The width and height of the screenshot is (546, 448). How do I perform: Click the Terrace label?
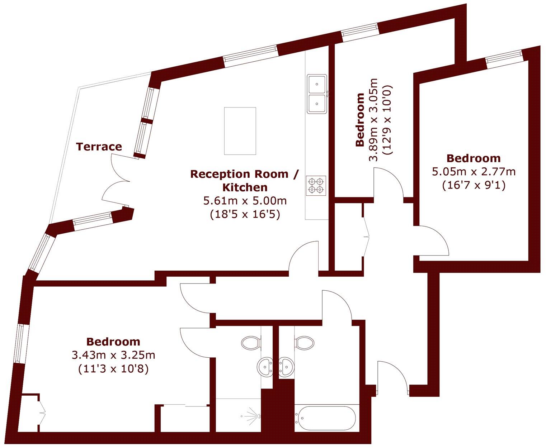(x=99, y=147)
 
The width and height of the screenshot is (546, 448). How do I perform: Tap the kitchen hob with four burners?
(x=316, y=185)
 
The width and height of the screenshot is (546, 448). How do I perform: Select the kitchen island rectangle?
(x=240, y=131)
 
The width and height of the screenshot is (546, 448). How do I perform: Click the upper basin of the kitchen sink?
(x=317, y=84)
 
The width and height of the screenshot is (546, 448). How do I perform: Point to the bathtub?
(x=325, y=418)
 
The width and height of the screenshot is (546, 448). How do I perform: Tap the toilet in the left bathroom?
(x=250, y=343)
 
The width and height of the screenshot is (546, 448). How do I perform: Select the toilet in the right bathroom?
(x=305, y=343)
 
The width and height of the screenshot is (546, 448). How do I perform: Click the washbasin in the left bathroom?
(x=265, y=367)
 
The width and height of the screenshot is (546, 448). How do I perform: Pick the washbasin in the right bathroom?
(x=286, y=367)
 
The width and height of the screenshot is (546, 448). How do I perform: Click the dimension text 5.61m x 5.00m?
(x=245, y=200)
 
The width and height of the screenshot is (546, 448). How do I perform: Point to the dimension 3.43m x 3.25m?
(x=113, y=355)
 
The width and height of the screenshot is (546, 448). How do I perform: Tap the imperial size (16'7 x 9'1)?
(x=474, y=185)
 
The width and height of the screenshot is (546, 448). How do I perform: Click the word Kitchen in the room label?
(x=245, y=187)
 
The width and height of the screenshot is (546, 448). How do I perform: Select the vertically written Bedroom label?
(x=360, y=120)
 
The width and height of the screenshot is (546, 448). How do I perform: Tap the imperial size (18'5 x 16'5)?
(x=245, y=214)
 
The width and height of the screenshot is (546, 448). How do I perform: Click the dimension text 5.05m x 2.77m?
(x=474, y=172)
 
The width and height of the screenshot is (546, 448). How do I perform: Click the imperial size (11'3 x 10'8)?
(x=113, y=368)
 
